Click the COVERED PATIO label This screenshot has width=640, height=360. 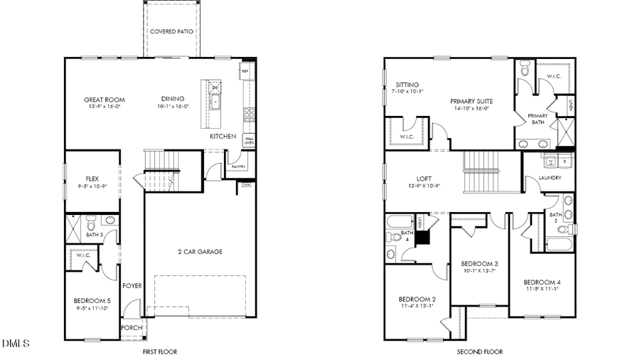tap(171, 32)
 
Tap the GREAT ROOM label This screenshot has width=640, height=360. tap(105, 100)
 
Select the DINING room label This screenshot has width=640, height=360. tap(173, 99)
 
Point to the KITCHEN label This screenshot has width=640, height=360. tap(223, 136)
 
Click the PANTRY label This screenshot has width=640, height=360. tap(237, 167)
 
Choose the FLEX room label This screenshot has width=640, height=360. tap(92, 179)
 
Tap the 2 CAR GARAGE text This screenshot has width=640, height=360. tap(200, 251)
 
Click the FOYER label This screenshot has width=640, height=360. tap(132, 285)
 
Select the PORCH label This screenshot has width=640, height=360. tap(132, 328)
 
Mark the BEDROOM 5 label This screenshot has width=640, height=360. tap(92, 300)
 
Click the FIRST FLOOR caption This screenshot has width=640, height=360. tap(159, 351)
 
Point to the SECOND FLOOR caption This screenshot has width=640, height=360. tap(479, 351)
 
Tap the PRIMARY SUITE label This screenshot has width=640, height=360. tap(471, 101)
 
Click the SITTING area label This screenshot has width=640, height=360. tap(407, 84)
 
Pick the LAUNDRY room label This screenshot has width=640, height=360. tap(550, 178)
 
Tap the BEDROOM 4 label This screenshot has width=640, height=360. tap(542, 280)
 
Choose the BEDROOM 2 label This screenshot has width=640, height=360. tap(417, 298)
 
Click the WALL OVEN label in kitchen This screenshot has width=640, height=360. tap(249, 140)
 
